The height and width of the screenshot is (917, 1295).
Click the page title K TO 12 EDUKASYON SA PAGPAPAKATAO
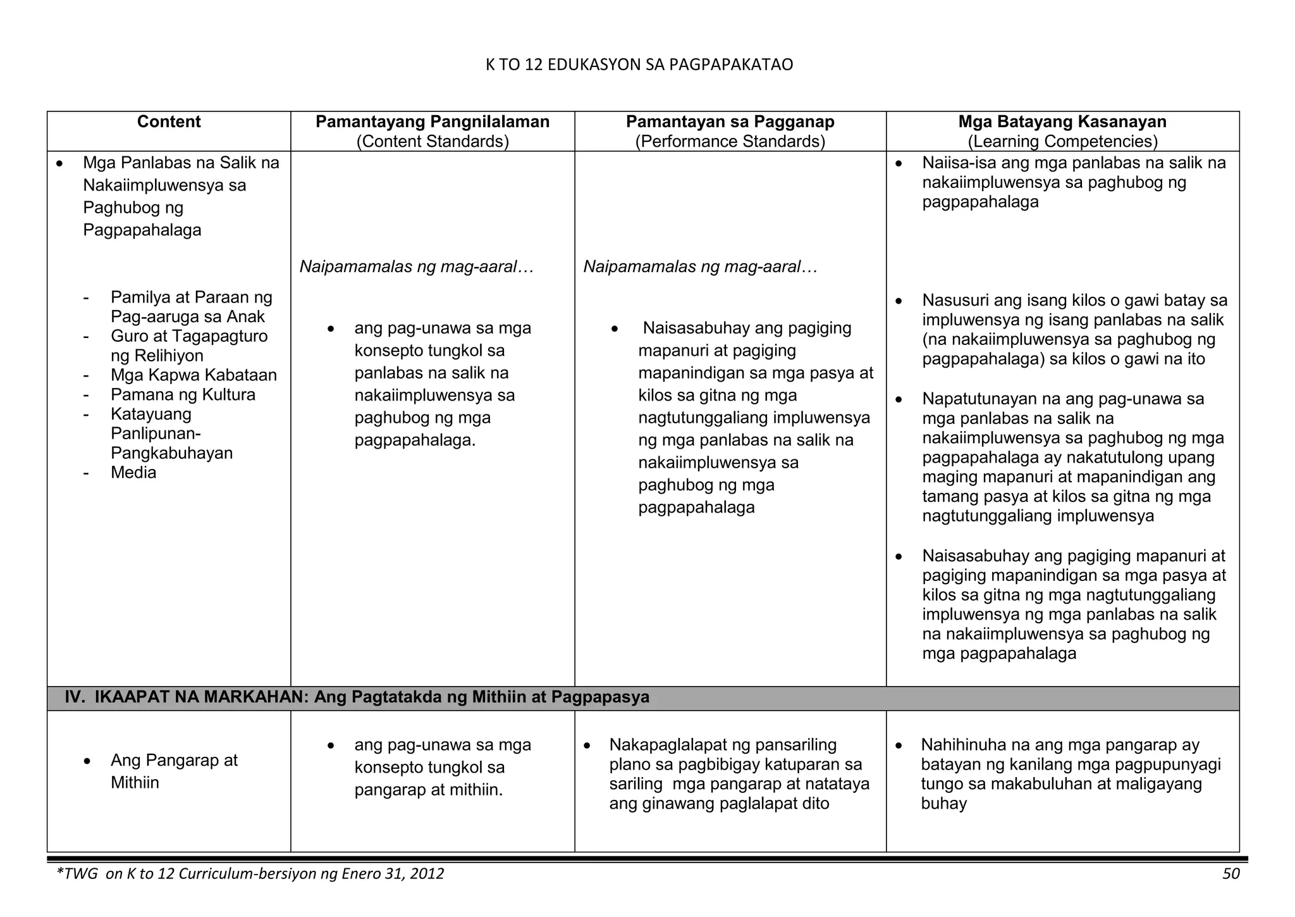coord(639,65)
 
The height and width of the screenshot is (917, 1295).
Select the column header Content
coord(168,122)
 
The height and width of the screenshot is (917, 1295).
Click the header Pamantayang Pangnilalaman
coord(433,122)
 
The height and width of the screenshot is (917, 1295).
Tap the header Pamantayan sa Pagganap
coord(730,122)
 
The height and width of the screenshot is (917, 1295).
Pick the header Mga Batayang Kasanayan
coord(1062,122)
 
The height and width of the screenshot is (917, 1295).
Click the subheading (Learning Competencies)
coord(1062,141)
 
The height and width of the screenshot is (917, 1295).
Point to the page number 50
coord(1231,874)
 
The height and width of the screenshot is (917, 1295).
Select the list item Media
coord(133,473)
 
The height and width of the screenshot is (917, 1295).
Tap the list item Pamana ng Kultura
coord(183,395)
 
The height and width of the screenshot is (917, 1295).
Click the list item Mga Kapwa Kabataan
coord(193,375)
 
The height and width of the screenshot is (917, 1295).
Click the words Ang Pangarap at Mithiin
coord(173,771)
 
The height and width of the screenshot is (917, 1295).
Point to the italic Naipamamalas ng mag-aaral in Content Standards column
coord(416,267)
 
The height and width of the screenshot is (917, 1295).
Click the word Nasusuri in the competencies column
coord(955,300)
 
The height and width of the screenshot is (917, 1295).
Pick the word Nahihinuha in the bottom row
coord(960,745)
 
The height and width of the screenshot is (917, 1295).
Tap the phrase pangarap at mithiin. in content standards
coord(428,790)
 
